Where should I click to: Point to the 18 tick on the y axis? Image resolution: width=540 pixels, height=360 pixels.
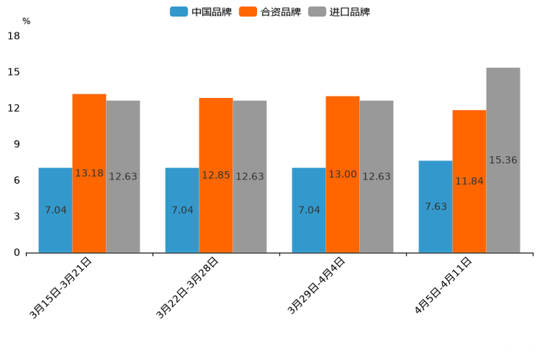pos(13,36)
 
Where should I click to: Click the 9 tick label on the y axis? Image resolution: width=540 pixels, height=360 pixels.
pos(16,144)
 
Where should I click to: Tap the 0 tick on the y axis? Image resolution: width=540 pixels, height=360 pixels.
pos(16,253)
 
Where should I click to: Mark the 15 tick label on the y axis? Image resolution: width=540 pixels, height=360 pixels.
pos(13,73)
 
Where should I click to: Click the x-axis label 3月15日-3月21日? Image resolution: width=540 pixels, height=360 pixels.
pos(61,287)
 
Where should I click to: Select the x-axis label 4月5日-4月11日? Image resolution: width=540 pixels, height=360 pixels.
pos(443,285)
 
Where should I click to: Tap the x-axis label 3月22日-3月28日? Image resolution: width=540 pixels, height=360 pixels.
pos(188,287)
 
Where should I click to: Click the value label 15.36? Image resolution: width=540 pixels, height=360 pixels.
pos(503,160)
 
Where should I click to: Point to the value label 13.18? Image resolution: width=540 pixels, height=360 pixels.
pos(89,173)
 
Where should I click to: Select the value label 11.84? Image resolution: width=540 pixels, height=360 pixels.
pos(469,181)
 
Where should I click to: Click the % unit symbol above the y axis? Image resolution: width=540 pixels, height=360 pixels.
pos(26,22)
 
